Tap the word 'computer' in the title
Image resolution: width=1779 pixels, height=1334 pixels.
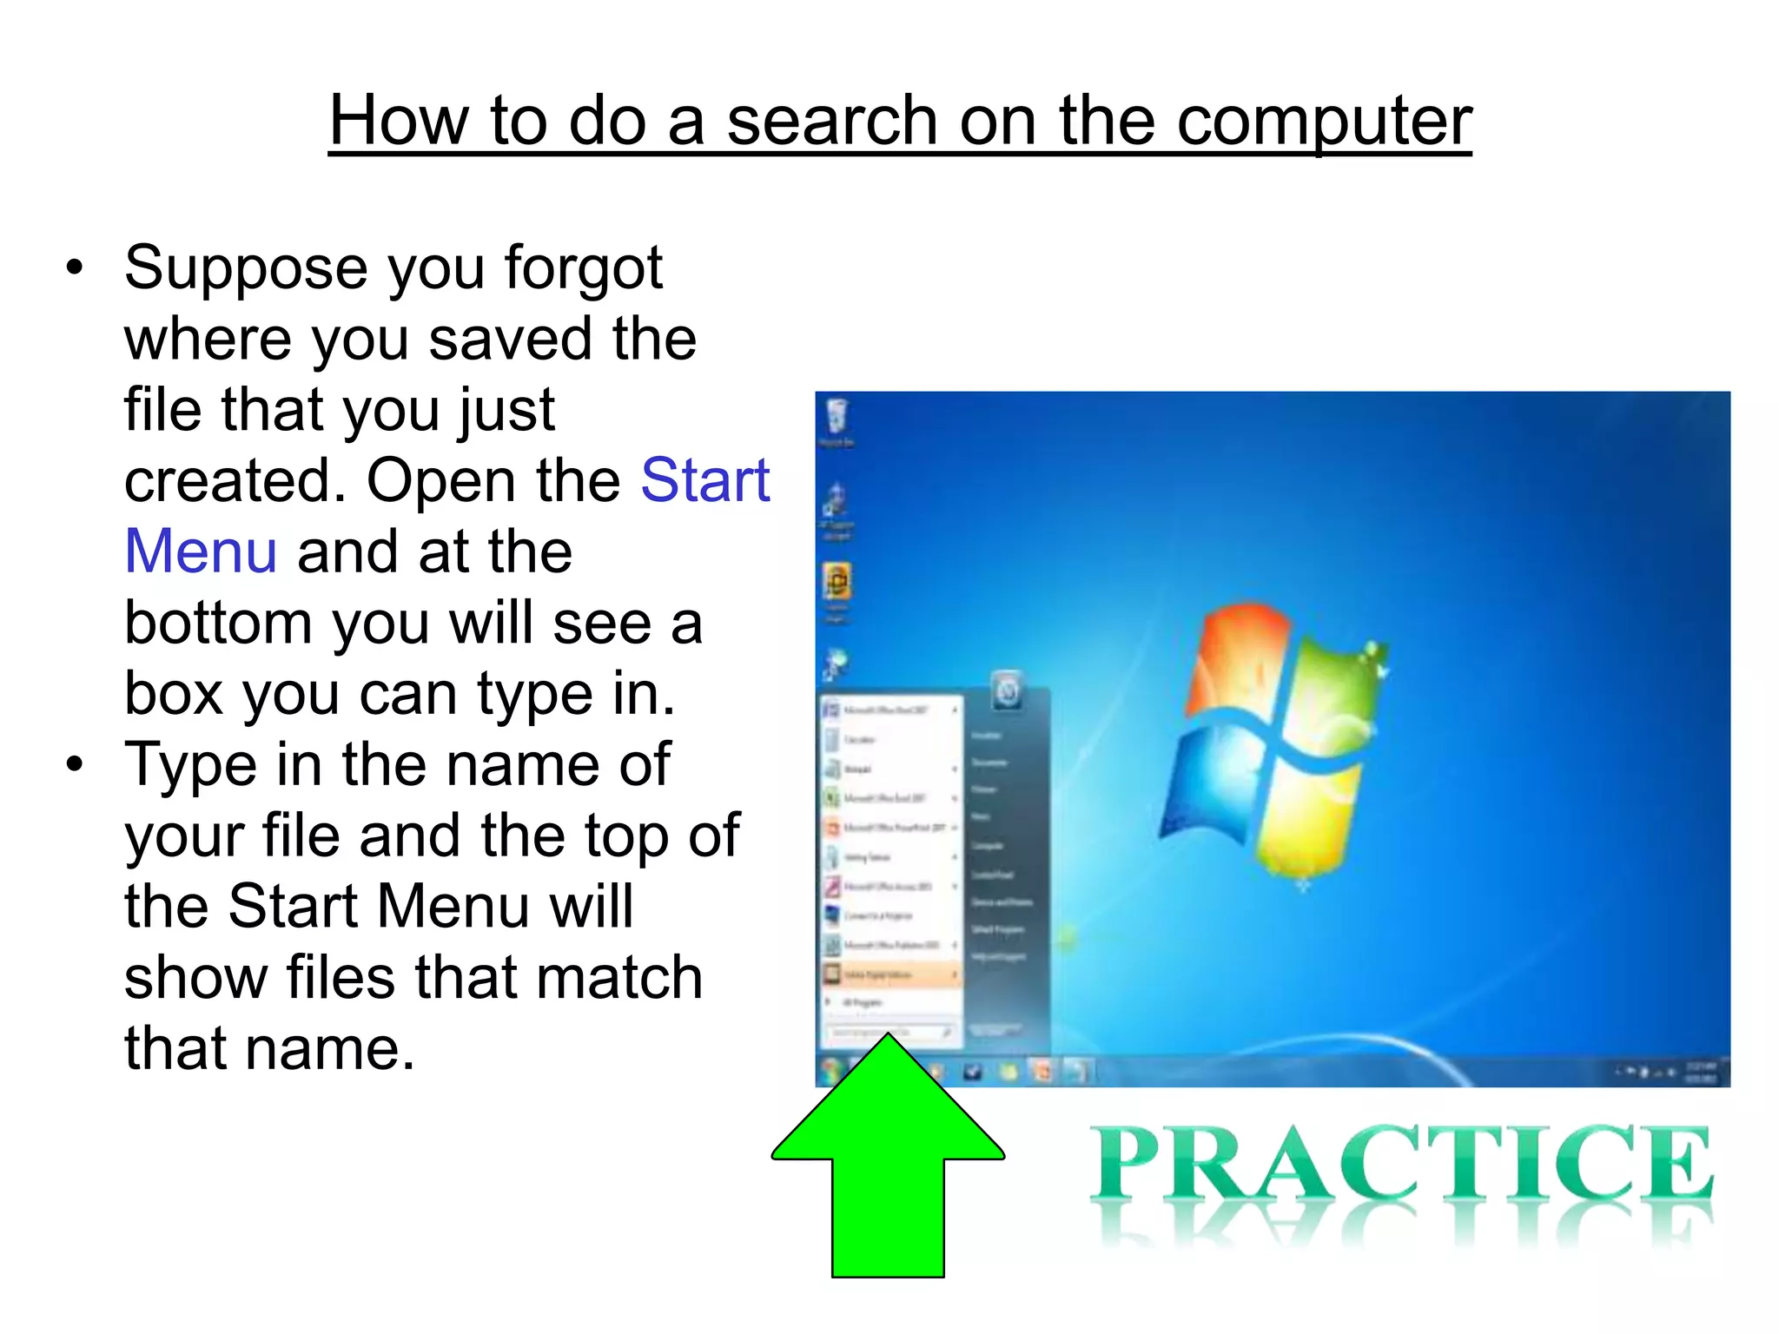(1323, 121)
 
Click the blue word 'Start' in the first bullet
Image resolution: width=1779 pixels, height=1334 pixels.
(704, 480)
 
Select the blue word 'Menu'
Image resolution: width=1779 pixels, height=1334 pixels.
(201, 551)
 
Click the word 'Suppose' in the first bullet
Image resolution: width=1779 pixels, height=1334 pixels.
(245, 267)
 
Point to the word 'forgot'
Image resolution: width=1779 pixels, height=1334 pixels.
(584, 267)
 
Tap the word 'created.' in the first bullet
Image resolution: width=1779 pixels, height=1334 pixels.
(235, 480)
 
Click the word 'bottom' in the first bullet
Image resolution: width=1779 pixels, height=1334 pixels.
(217, 623)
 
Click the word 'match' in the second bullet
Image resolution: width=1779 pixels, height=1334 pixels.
(618, 978)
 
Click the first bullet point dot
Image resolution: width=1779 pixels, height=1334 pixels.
(76, 267)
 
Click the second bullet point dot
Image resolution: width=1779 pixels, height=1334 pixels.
(76, 765)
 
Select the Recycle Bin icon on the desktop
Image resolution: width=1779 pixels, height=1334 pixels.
(837, 417)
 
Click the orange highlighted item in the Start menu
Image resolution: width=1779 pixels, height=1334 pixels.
(891, 974)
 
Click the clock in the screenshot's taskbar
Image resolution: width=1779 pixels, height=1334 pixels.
(1700, 1072)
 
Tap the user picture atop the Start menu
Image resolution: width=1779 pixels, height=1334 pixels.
(1008, 690)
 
